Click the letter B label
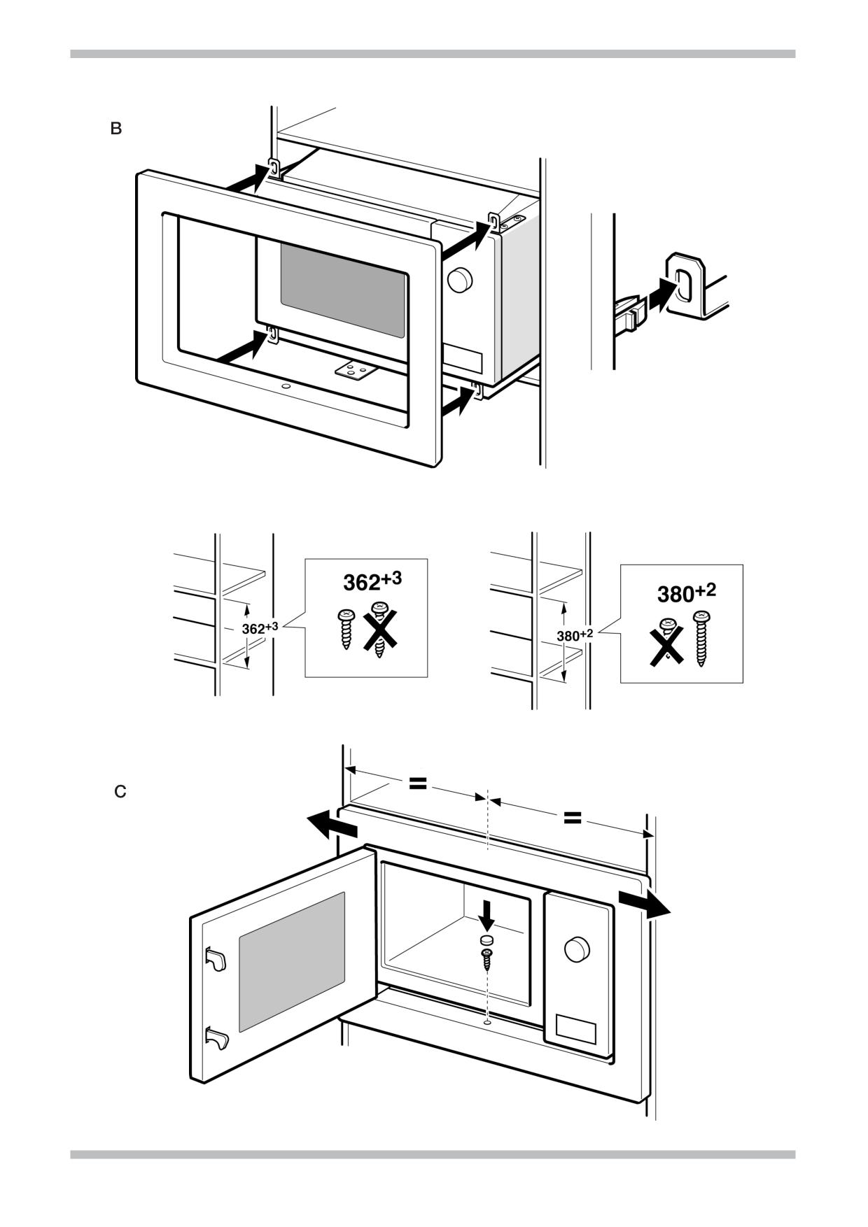click(116, 129)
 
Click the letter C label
click(120, 792)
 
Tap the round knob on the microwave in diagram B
click(460, 280)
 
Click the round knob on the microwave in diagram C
click(577, 949)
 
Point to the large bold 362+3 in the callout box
click(372, 581)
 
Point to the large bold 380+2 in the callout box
click(686, 593)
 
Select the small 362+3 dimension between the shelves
click(260, 628)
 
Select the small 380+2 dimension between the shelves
click(575, 635)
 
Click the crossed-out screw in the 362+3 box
click(380, 629)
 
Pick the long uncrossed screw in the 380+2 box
click(701, 637)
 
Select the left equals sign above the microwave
click(418, 783)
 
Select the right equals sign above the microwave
click(573, 817)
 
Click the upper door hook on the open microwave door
click(216, 958)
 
